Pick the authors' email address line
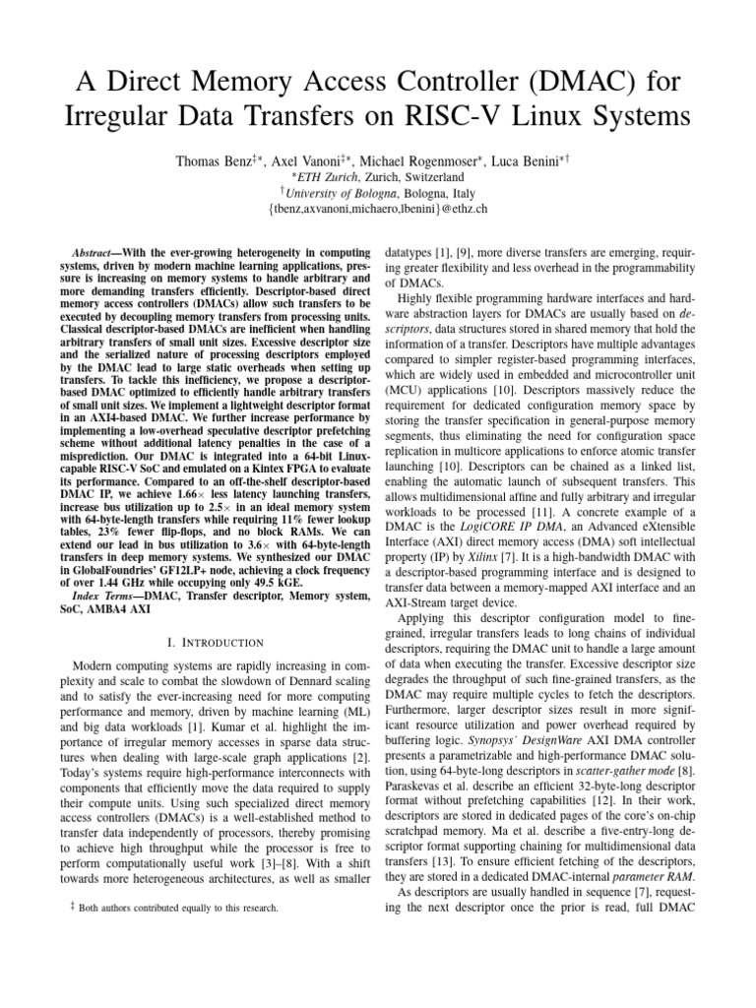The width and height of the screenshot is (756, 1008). click(x=378, y=210)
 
